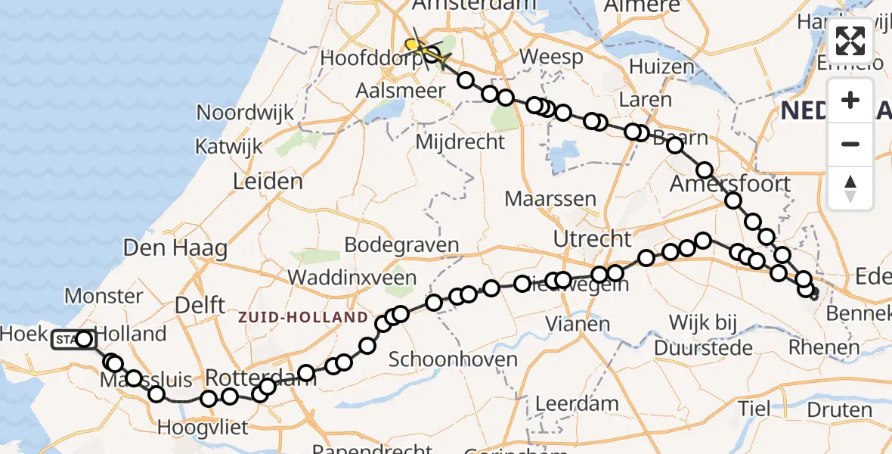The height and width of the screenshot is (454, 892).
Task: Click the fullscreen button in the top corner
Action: coord(850,41)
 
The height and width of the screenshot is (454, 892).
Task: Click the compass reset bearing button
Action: coord(850,188)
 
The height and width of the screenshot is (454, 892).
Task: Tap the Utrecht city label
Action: coord(592,239)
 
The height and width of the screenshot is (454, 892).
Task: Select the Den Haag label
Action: coord(175,247)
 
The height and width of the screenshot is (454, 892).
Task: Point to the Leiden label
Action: coord(268,182)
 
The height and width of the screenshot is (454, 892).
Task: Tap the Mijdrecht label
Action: coord(460,141)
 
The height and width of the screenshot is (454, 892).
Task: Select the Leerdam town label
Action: coord(578,403)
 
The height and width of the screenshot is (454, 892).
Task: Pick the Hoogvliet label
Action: coord(203,428)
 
